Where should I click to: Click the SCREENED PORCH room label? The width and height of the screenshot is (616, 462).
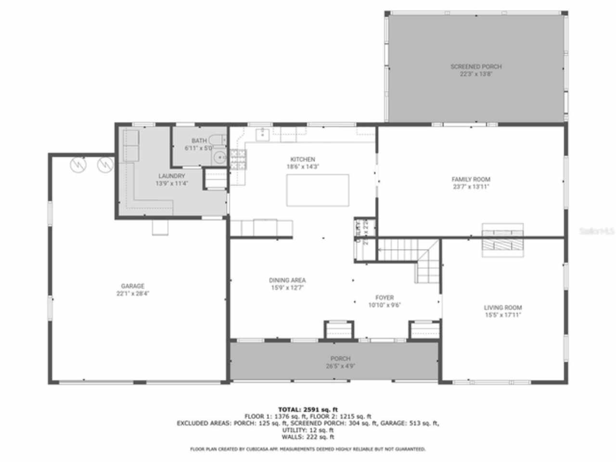(x=475, y=67)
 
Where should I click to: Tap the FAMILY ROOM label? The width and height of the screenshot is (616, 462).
(x=471, y=180)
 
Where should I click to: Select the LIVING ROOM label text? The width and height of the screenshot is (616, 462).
(x=502, y=308)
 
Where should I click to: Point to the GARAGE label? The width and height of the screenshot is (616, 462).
(x=133, y=286)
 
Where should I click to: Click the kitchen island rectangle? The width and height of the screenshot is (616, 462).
(x=318, y=190)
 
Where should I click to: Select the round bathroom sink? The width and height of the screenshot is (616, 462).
(x=220, y=156)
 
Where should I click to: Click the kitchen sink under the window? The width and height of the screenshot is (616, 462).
(x=262, y=134)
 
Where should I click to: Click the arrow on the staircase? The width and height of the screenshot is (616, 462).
(x=381, y=249)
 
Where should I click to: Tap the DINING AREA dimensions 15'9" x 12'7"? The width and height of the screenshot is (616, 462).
(x=287, y=288)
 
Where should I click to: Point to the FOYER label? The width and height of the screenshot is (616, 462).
(x=385, y=298)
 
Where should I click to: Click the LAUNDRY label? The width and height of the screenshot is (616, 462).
(x=171, y=176)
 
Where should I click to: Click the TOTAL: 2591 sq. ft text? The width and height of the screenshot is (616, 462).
(x=308, y=410)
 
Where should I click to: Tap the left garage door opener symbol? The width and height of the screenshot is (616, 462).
(x=77, y=165)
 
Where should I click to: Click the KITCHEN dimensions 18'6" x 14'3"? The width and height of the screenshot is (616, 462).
(x=303, y=167)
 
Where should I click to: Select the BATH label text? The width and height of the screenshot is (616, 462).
(x=199, y=141)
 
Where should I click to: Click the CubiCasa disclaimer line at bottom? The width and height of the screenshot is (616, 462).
(x=308, y=449)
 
